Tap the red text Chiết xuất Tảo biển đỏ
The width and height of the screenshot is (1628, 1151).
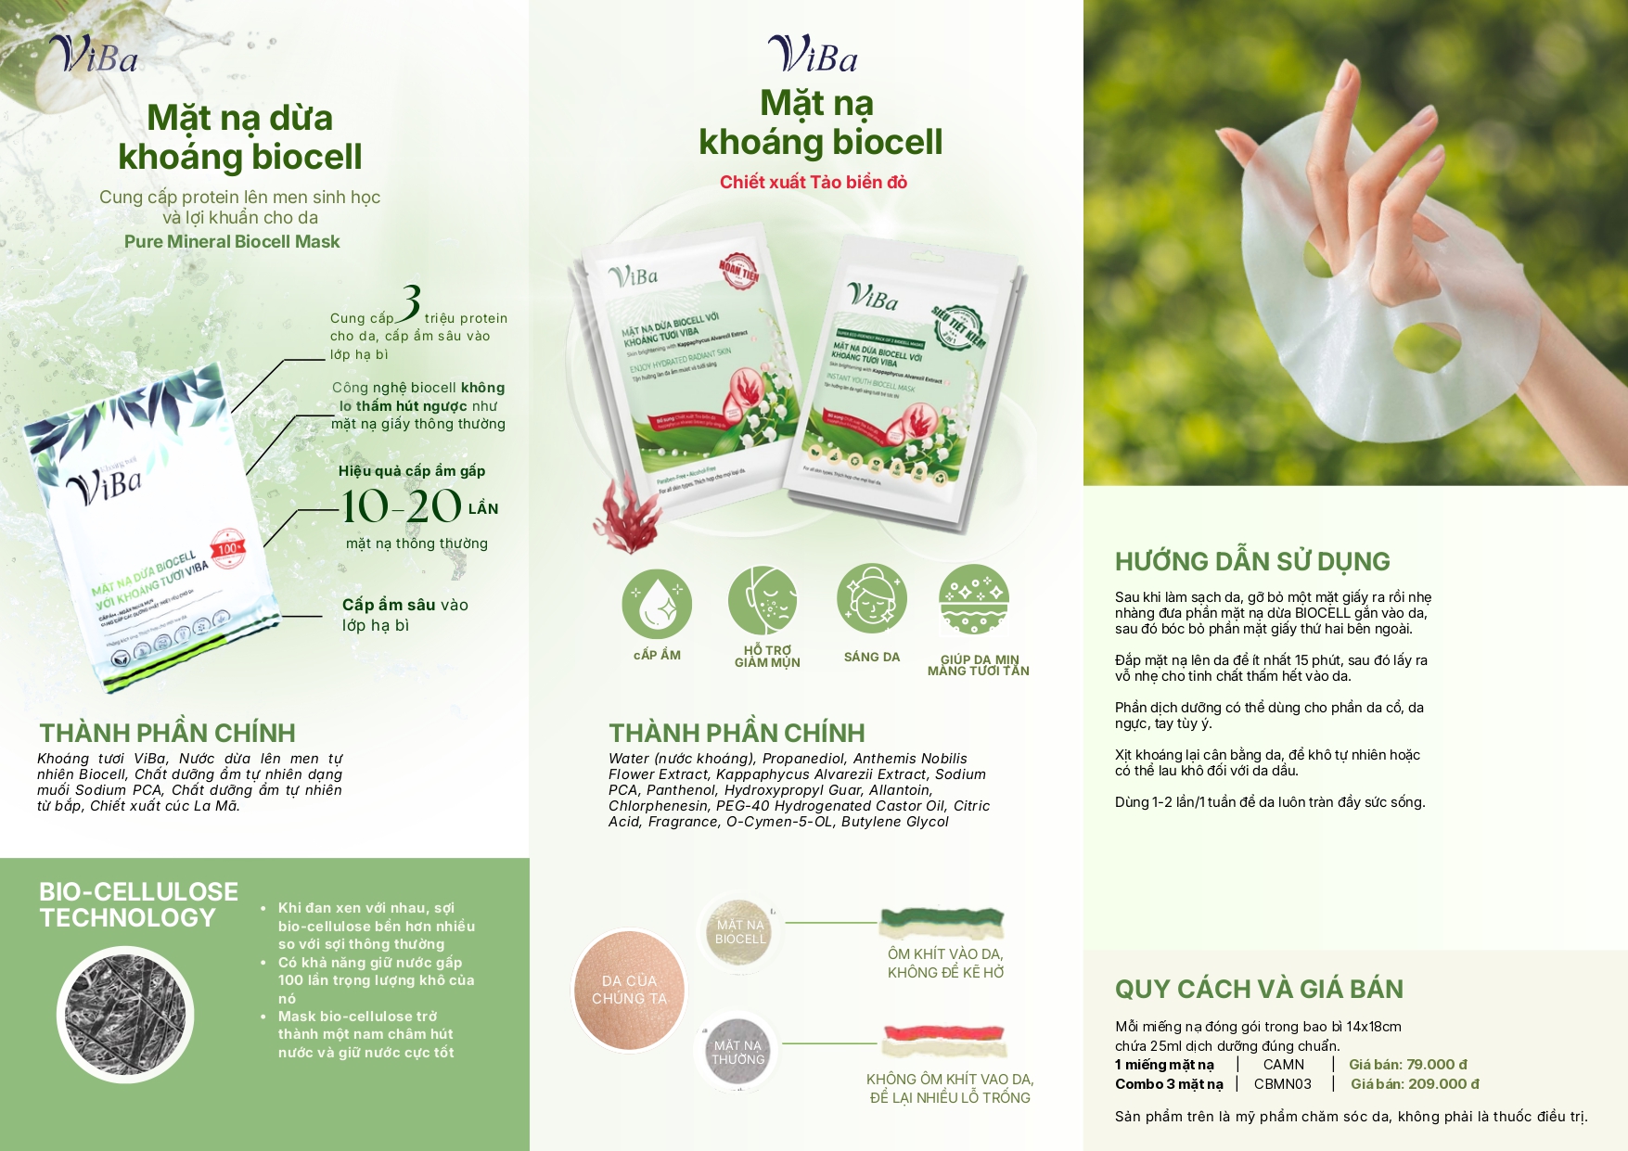click(814, 183)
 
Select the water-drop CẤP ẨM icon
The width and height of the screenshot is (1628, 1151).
click(657, 604)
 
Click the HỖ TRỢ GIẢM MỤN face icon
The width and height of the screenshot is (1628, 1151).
click(763, 600)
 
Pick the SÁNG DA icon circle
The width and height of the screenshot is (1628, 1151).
click(871, 598)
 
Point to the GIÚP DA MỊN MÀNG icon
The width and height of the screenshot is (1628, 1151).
click(973, 599)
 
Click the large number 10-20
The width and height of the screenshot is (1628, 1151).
click(402, 506)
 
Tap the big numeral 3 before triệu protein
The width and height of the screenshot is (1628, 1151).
click(409, 302)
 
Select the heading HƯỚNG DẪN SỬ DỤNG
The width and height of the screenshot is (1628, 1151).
click(1252, 562)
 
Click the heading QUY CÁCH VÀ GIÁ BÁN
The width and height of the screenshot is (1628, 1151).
click(1259, 990)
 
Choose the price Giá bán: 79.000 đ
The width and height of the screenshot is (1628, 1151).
click(1407, 1065)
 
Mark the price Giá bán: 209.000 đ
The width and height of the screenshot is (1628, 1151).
click(1415, 1084)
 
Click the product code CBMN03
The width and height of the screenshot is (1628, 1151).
click(1283, 1084)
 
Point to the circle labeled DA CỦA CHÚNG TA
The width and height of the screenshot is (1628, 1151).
click(629, 990)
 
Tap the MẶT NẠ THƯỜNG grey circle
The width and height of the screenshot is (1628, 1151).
click(738, 1053)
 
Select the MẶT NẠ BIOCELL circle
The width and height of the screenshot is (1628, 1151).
click(739, 932)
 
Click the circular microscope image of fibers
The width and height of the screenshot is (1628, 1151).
click(124, 1014)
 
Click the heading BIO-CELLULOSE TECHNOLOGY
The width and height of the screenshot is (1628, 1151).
click(138, 905)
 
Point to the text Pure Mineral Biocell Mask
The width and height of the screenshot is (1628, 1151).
click(232, 242)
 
